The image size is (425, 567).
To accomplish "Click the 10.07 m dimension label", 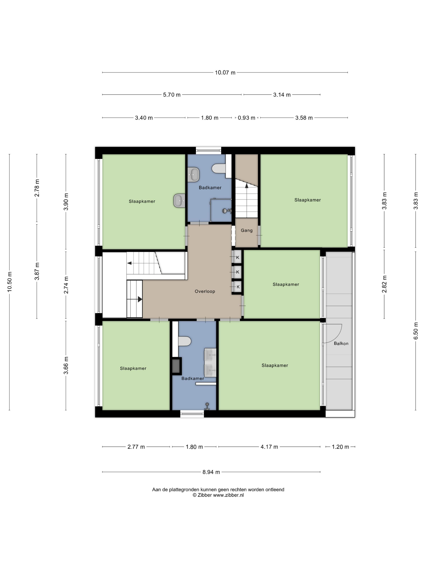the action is (225, 72).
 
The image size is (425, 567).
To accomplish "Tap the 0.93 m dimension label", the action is (246, 118).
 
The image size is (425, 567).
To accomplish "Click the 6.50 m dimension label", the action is (415, 331).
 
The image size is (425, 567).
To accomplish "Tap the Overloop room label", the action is (205, 291).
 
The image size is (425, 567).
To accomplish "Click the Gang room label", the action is (247, 230).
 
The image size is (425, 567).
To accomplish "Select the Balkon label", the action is (341, 343).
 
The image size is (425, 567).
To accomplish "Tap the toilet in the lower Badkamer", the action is (185, 341).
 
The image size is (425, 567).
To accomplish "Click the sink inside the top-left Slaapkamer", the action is (179, 200).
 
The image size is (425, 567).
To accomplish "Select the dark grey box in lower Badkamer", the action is (176, 366).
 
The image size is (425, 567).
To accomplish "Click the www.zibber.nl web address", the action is (228, 495).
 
